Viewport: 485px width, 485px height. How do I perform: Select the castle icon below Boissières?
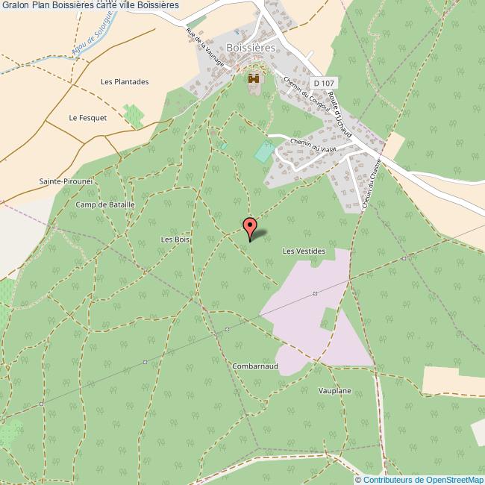(254, 78)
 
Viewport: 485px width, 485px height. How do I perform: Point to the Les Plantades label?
(125, 81)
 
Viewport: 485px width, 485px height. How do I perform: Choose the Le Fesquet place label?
(88, 118)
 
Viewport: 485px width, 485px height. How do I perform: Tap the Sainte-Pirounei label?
(66, 181)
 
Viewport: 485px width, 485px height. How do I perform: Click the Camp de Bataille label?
(105, 204)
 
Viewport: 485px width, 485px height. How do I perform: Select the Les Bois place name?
(177, 240)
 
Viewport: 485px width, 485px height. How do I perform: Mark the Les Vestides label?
(304, 251)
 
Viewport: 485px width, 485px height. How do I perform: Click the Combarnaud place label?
(255, 366)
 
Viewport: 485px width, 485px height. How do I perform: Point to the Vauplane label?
(334, 391)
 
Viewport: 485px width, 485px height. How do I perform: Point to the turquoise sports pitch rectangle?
(263, 151)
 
